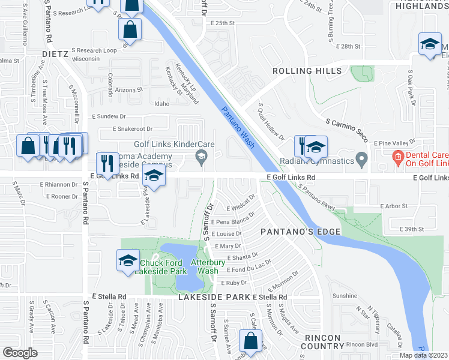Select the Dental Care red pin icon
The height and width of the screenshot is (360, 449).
point(396,158)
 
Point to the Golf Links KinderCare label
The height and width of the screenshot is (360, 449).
point(165,144)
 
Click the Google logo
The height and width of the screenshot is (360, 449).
point(20,352)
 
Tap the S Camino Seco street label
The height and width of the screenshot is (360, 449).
point(346,128)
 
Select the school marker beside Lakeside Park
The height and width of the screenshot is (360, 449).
point(127,262)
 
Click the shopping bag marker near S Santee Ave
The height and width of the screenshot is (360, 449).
point(250,341)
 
